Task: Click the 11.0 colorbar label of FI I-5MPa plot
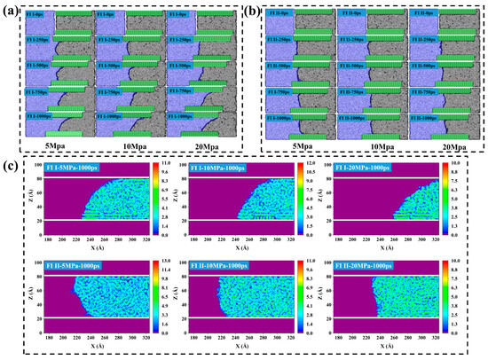tap(166, 166)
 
